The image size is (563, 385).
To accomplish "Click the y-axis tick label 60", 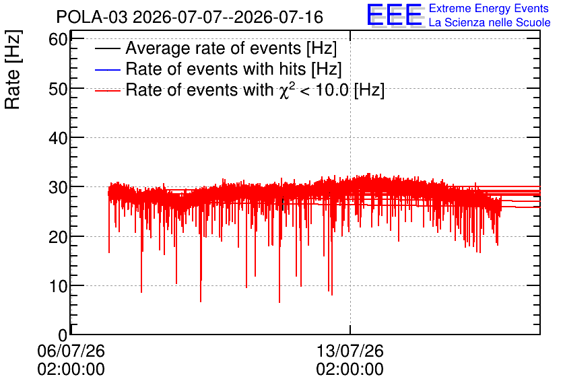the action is point(58,40).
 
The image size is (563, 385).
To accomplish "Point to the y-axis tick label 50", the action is point(58,89).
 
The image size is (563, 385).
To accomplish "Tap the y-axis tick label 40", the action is point(58,138).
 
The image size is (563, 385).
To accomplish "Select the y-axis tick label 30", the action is point(58,187).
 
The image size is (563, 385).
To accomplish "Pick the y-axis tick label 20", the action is point(58,237).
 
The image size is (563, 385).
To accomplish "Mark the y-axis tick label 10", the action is point(58,286).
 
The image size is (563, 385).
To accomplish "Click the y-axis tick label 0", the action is point(63,335).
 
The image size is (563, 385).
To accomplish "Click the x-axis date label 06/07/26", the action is point(71,351).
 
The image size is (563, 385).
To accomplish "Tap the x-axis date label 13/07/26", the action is point(350,351).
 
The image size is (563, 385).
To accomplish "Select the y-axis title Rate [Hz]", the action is point(13,69).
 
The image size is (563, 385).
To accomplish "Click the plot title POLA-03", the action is point(92,17).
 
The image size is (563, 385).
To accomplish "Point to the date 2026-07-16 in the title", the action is point(279,17).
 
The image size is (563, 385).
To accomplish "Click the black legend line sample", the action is point(108,48).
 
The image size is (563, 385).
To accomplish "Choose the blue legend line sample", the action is point(108,69).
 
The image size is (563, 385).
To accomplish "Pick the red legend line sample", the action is point(108,90).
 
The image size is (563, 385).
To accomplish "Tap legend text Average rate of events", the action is point(213,48).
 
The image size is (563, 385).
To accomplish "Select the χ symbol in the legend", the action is point(284,92).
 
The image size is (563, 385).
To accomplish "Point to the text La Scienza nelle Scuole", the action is point(490,23).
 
